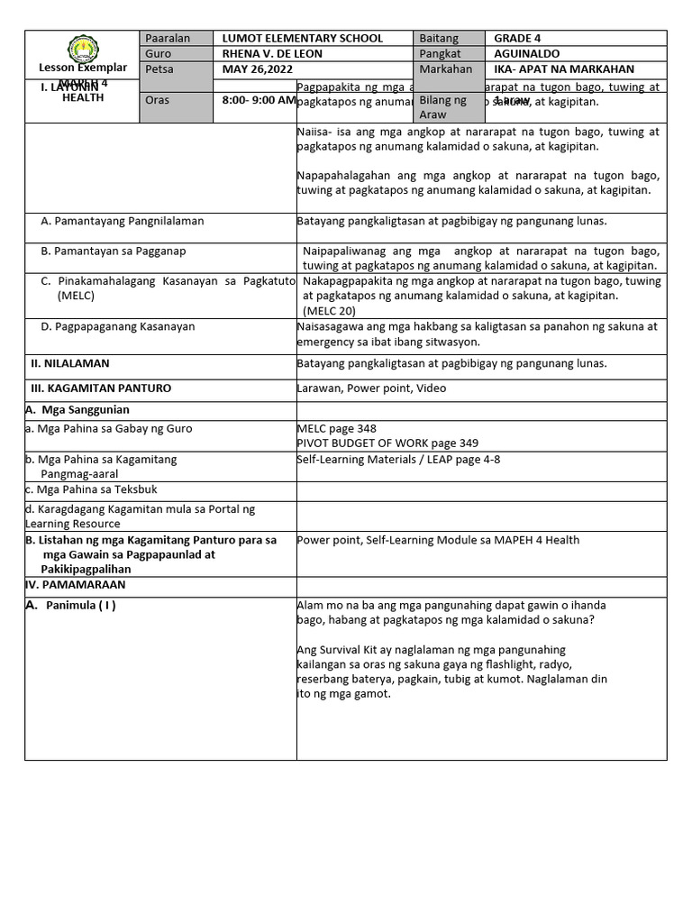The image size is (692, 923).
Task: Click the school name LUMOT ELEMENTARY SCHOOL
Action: (x=302, y=39)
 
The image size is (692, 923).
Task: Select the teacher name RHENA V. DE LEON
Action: (x=272, y=54)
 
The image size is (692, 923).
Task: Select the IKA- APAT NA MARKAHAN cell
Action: (x=564, y=69)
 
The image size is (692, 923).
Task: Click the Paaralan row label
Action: (x=167, y=39)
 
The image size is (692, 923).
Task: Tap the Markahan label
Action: (x=445, y=69)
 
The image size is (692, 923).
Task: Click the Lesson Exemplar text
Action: (x=82, y=69)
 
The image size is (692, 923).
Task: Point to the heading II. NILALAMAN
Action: (x=70, y=363)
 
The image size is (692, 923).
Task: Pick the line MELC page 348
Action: (x=337, y=429)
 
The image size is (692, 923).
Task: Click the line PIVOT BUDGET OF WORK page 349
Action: (x=387, y=443)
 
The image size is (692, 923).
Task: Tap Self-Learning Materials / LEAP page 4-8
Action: (x=398, y=459)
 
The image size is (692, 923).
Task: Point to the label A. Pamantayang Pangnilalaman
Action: (x=123, y=221)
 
